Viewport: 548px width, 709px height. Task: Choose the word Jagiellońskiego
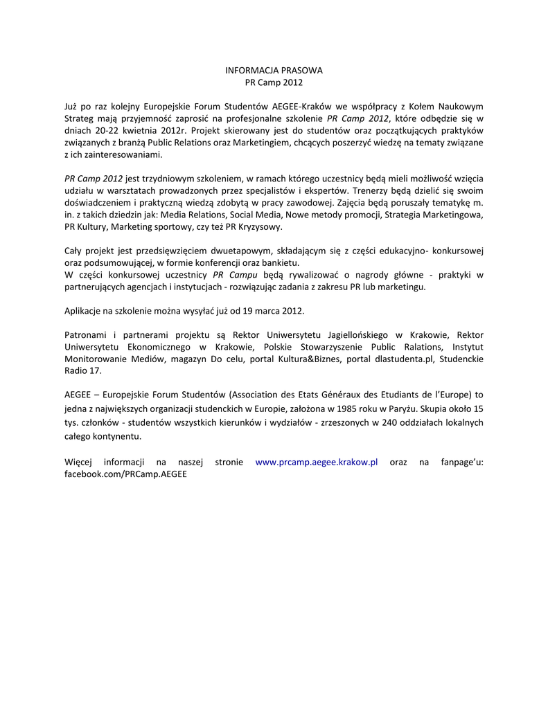click(355, 334)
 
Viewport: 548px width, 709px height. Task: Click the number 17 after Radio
click(96, 370)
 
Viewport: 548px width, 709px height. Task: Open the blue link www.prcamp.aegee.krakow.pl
click(316, 462)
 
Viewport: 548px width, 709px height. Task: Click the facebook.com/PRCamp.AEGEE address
click(125, 474)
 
